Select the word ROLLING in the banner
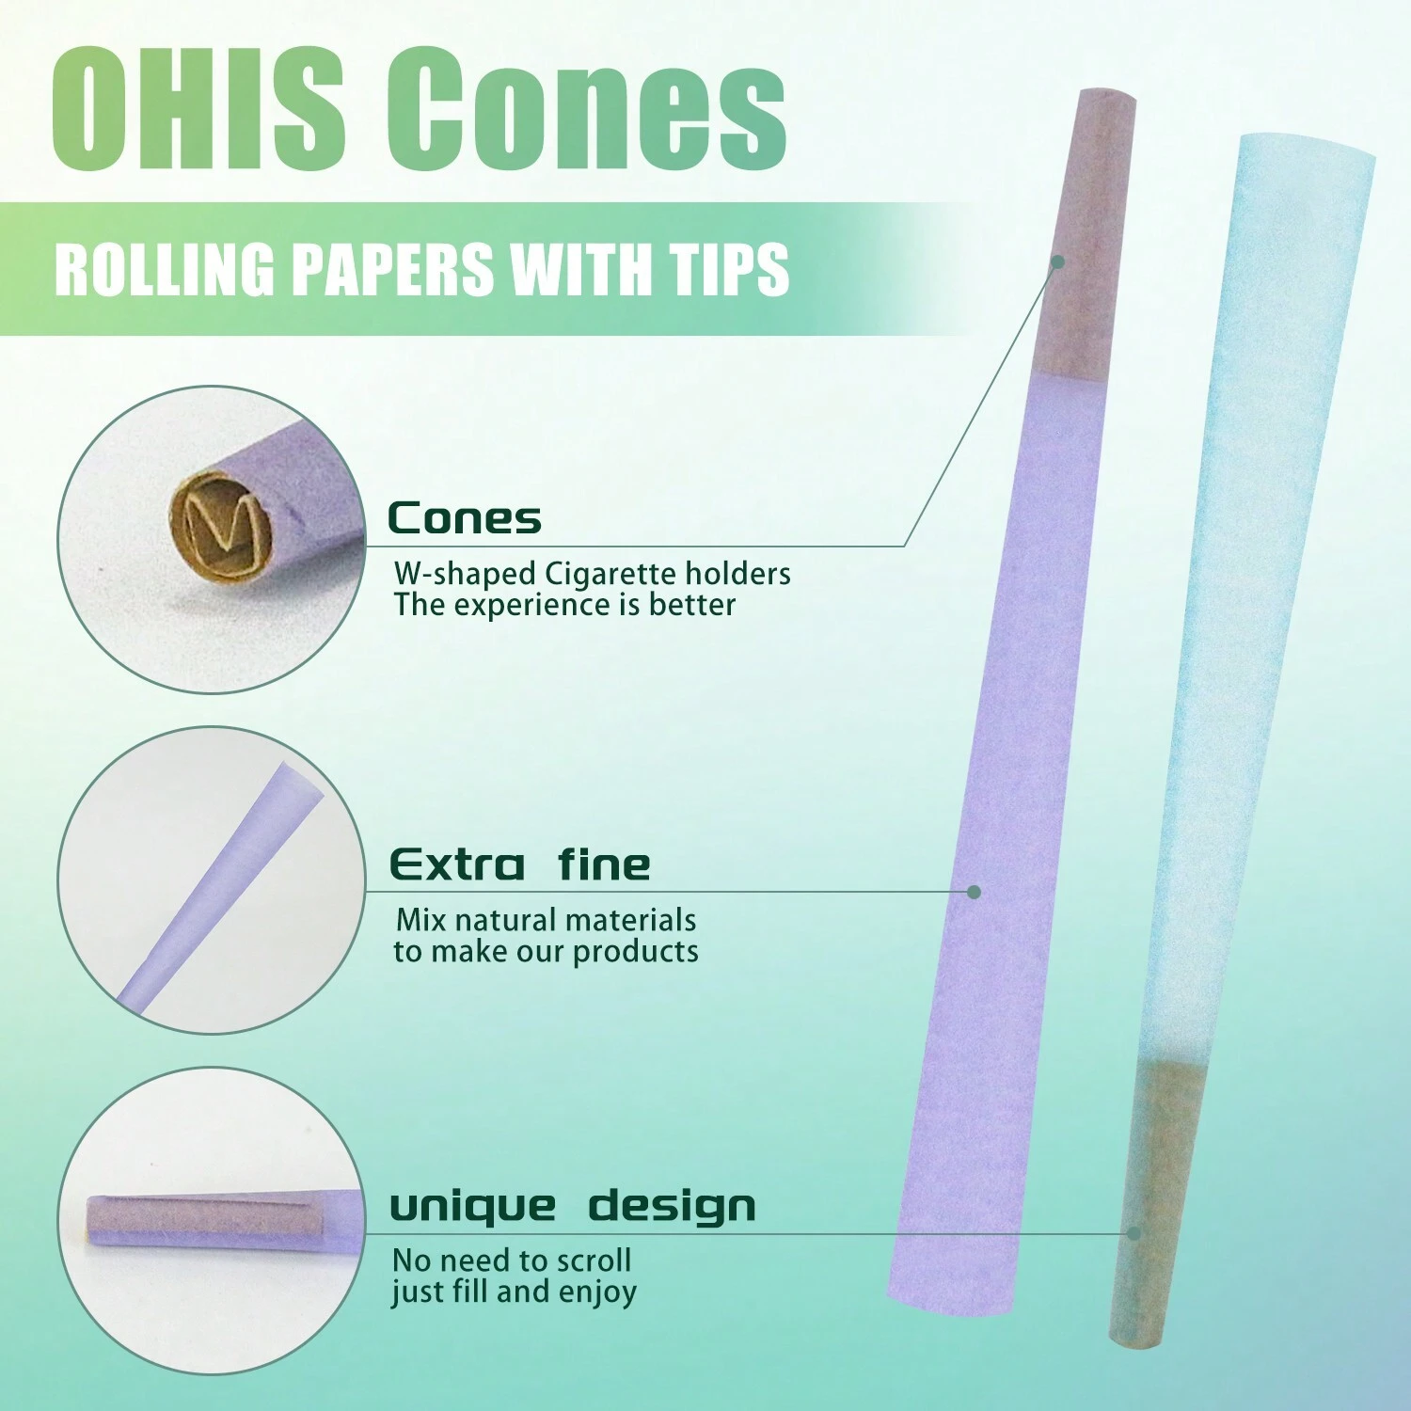pyautogui.click(x=165, y=269)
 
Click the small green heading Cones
pyautogui.click(x=465, y=518)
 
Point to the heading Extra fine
pyautogui.click(x=520, y=864)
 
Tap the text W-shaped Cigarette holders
pyautogui.click(x=593, y=573)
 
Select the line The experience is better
pyautogui.click(x=564, y=605)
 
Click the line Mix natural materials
pyautogui.click(x=546, y=919)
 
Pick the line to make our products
pyautogui.click(x=546, y=951)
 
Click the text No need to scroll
pyautogui.click(x=512, y=1260)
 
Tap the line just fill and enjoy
pyautogui.click(x=515, y=1292)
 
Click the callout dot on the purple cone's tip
pyautogui.click(x=1057, y=262)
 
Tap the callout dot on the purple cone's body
pyautogui.click(x=975, y=891)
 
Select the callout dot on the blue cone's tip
pyautogui.click(x=1134, y=1233)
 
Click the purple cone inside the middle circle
pyautogui.click(x=221, y=884)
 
